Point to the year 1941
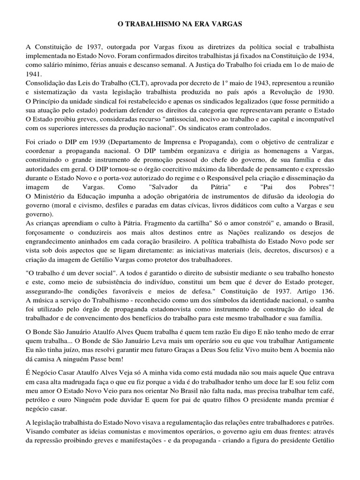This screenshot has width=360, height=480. point(34,74)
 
